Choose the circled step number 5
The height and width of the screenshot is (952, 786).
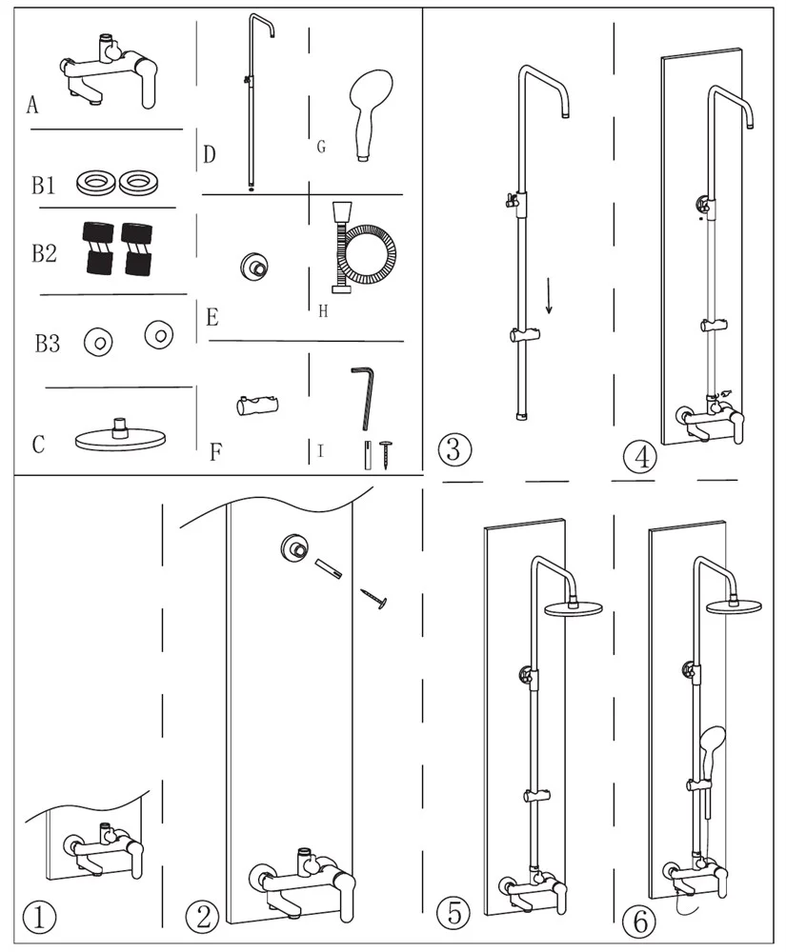(454, 915)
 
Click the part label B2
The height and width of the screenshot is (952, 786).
(44, 253)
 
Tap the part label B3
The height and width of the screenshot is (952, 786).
(48, 344)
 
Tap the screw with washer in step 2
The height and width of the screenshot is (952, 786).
(376, 600)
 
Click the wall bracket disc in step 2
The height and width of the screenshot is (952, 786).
(293, 548)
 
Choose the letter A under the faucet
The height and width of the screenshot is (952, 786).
(32, 106)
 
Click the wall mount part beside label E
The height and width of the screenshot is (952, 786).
(254, 266)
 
